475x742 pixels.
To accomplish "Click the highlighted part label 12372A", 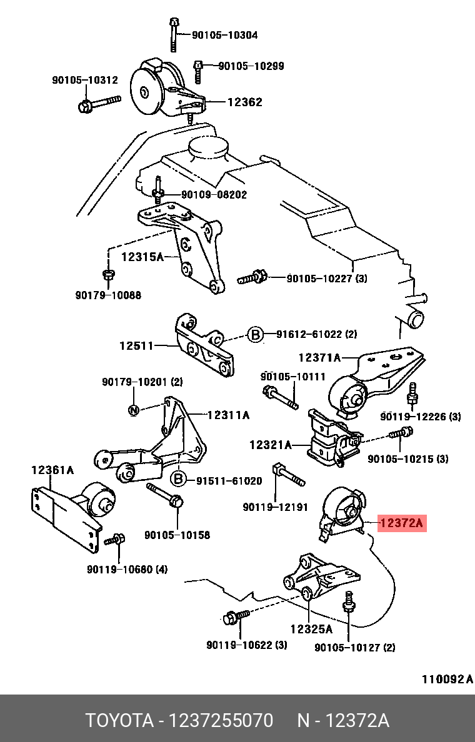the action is click(402, 523).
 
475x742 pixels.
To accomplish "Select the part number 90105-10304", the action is click(224, 35).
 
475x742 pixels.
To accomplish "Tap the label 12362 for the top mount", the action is click(244, 102).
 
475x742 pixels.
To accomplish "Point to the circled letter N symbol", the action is click(134, 410).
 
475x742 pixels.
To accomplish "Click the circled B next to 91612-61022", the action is click(255, 335).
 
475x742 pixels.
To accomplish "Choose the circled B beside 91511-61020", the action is click(179, 480).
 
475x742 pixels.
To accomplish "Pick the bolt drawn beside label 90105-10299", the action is click(198, 71).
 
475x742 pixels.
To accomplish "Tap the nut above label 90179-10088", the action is click(107, 274).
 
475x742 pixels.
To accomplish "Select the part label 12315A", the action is click(142, 257).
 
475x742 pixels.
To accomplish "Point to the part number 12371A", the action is click(319, 358).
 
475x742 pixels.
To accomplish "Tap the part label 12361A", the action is click(52, 470).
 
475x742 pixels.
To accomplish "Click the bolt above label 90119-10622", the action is click(236, 616).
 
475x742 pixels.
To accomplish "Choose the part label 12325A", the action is click(312, 629).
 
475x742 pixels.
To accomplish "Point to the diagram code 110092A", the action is click(447, 680).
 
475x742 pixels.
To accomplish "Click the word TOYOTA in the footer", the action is click(119, 721).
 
